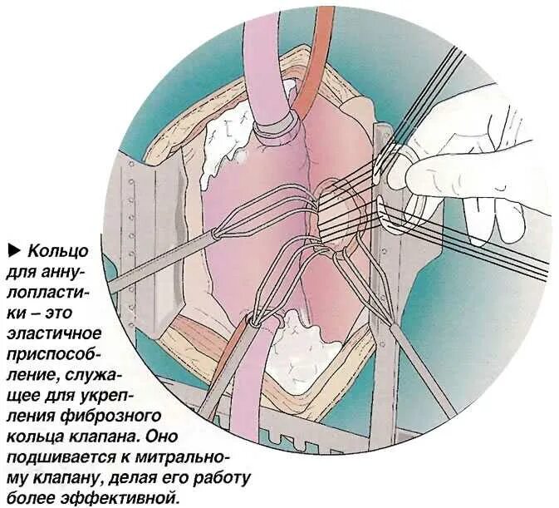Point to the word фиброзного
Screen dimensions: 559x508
point(124,416)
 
